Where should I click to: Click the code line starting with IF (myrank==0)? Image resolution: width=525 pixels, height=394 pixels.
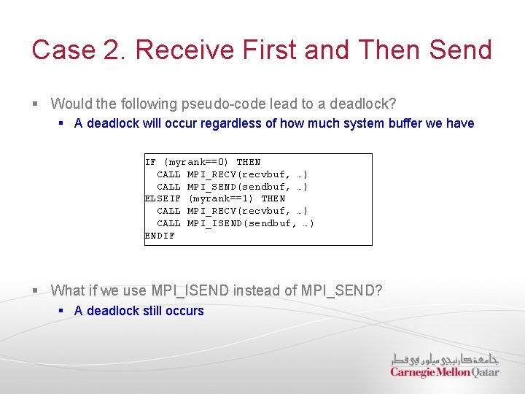203,162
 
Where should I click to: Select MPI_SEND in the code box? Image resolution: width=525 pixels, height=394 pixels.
214,187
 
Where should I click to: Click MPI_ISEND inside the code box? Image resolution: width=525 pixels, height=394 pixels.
217,223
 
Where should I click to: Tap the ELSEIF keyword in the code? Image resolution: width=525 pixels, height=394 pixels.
163,198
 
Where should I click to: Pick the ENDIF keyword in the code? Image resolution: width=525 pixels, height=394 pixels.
160,236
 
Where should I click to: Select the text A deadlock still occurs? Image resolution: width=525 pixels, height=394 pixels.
139,311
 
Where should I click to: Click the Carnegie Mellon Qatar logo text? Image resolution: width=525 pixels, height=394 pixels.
444,372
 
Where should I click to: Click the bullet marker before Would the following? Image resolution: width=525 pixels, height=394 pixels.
36,104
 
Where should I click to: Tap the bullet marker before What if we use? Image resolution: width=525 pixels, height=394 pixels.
36,291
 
